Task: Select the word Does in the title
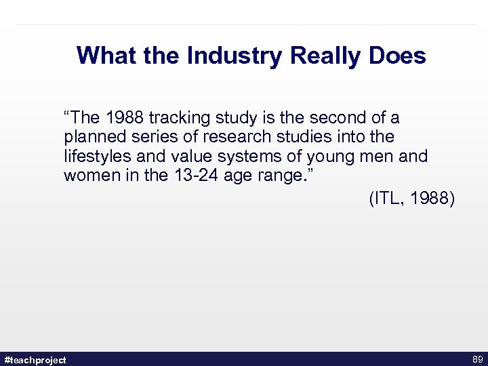click(x=398, y=56)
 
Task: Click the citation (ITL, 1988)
click(x=411, y=199)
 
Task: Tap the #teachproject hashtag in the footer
click(x=35, y=360)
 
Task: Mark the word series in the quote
click(x=150, y=137)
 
